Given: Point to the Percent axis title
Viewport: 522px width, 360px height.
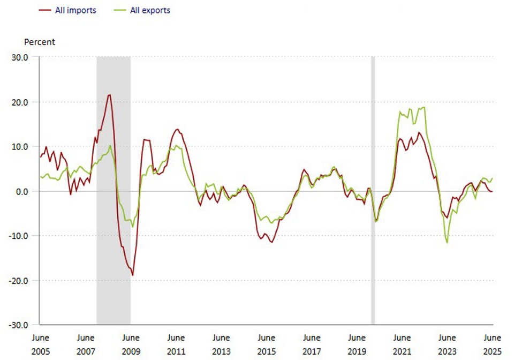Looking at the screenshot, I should (x=40, y=42).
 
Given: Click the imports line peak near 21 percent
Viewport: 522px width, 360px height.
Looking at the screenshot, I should (x=109, y=95).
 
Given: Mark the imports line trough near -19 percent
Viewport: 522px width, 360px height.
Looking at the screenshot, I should (x=132, y=275).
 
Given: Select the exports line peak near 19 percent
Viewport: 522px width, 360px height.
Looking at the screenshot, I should (x=424, y=108).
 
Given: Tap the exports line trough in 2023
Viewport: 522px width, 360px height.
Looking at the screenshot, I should (x=447, y=243).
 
